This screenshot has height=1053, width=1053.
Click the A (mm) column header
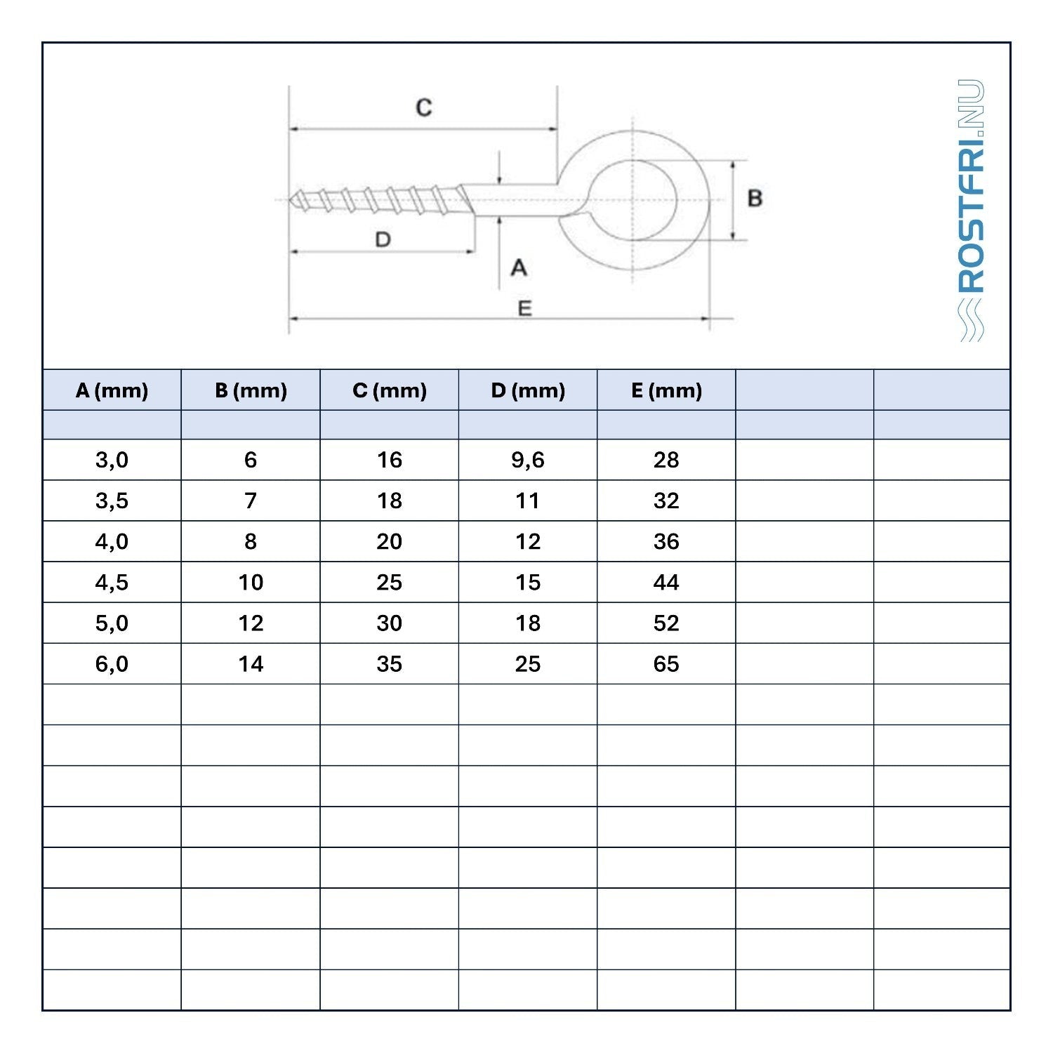tap(112, 390)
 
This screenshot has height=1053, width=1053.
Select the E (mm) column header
tap(666, 390)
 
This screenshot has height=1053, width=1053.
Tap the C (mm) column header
tap(390, 390)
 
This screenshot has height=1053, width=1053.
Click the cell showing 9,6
tap(528, 460)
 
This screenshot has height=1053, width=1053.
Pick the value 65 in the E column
tap(666, 663)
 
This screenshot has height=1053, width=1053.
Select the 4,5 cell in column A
tap(112, 582)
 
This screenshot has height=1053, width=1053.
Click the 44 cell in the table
tap(666, 582)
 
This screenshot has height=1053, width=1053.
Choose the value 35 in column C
tap(390, 663)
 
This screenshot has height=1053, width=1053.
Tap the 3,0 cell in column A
tap(112, 460)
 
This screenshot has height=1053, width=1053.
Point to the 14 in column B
tap(251, 663)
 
